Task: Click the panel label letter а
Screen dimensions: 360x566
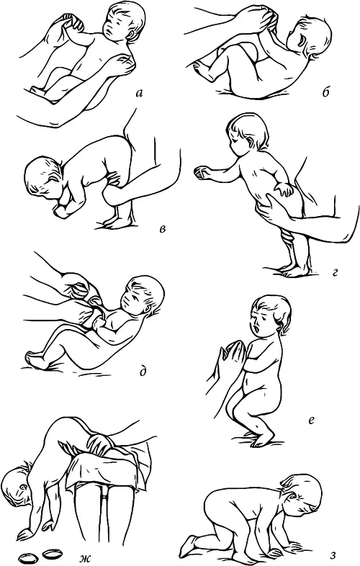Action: [139, 94]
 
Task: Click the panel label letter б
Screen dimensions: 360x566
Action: [325, 93]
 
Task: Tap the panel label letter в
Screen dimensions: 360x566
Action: [163, 229]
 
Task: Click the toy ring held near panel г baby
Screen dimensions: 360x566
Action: [201, 173]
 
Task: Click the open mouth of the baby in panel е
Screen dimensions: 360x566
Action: [256, 330]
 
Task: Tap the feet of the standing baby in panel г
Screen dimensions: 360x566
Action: [294, 271]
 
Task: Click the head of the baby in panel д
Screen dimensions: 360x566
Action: [143, 297]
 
